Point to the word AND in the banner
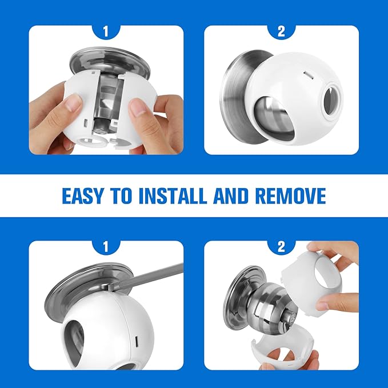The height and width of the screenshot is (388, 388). coord(231,196)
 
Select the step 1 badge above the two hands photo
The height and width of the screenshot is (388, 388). coord(105,31)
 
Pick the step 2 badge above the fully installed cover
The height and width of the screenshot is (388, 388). coord(281,31)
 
